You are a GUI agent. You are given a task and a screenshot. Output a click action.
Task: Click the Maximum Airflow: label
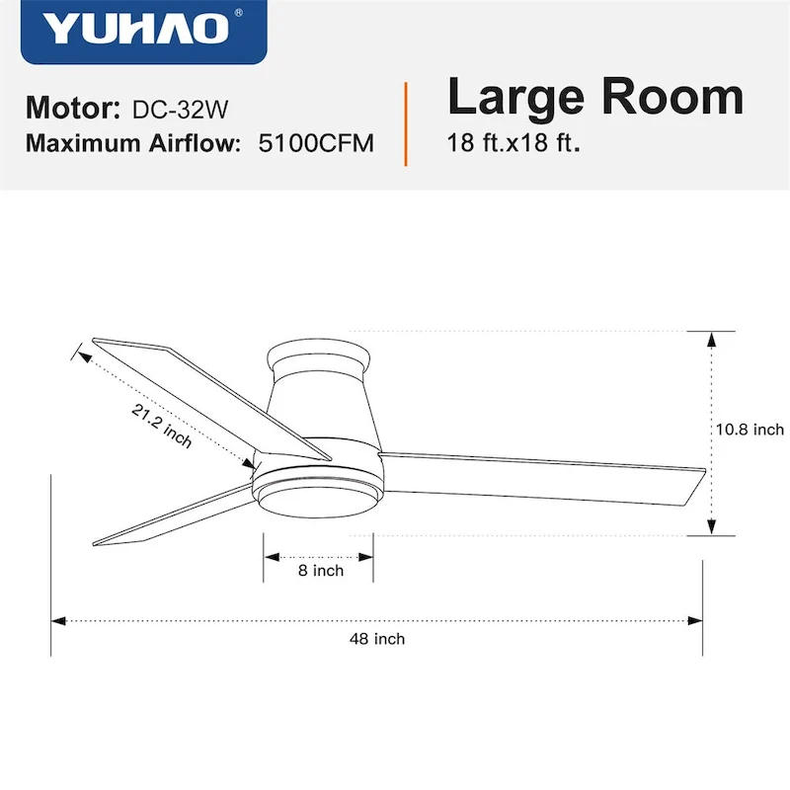pos(133,143)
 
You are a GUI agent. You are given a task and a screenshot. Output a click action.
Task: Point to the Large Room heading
pos(594,98)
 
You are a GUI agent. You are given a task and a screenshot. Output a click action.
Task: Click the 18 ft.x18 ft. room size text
pos(513,142)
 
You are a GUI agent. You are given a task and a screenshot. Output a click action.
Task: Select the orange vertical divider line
pos(406,124)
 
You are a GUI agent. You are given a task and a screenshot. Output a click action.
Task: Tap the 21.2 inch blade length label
pos(162,426)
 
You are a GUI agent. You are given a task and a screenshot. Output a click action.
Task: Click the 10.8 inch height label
pos(750,430)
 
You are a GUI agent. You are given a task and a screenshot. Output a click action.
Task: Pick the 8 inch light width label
pos(321,571)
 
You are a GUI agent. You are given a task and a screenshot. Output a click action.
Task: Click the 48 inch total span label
pos(376,639)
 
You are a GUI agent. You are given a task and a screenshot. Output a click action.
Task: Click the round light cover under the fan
pos(319,491)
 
